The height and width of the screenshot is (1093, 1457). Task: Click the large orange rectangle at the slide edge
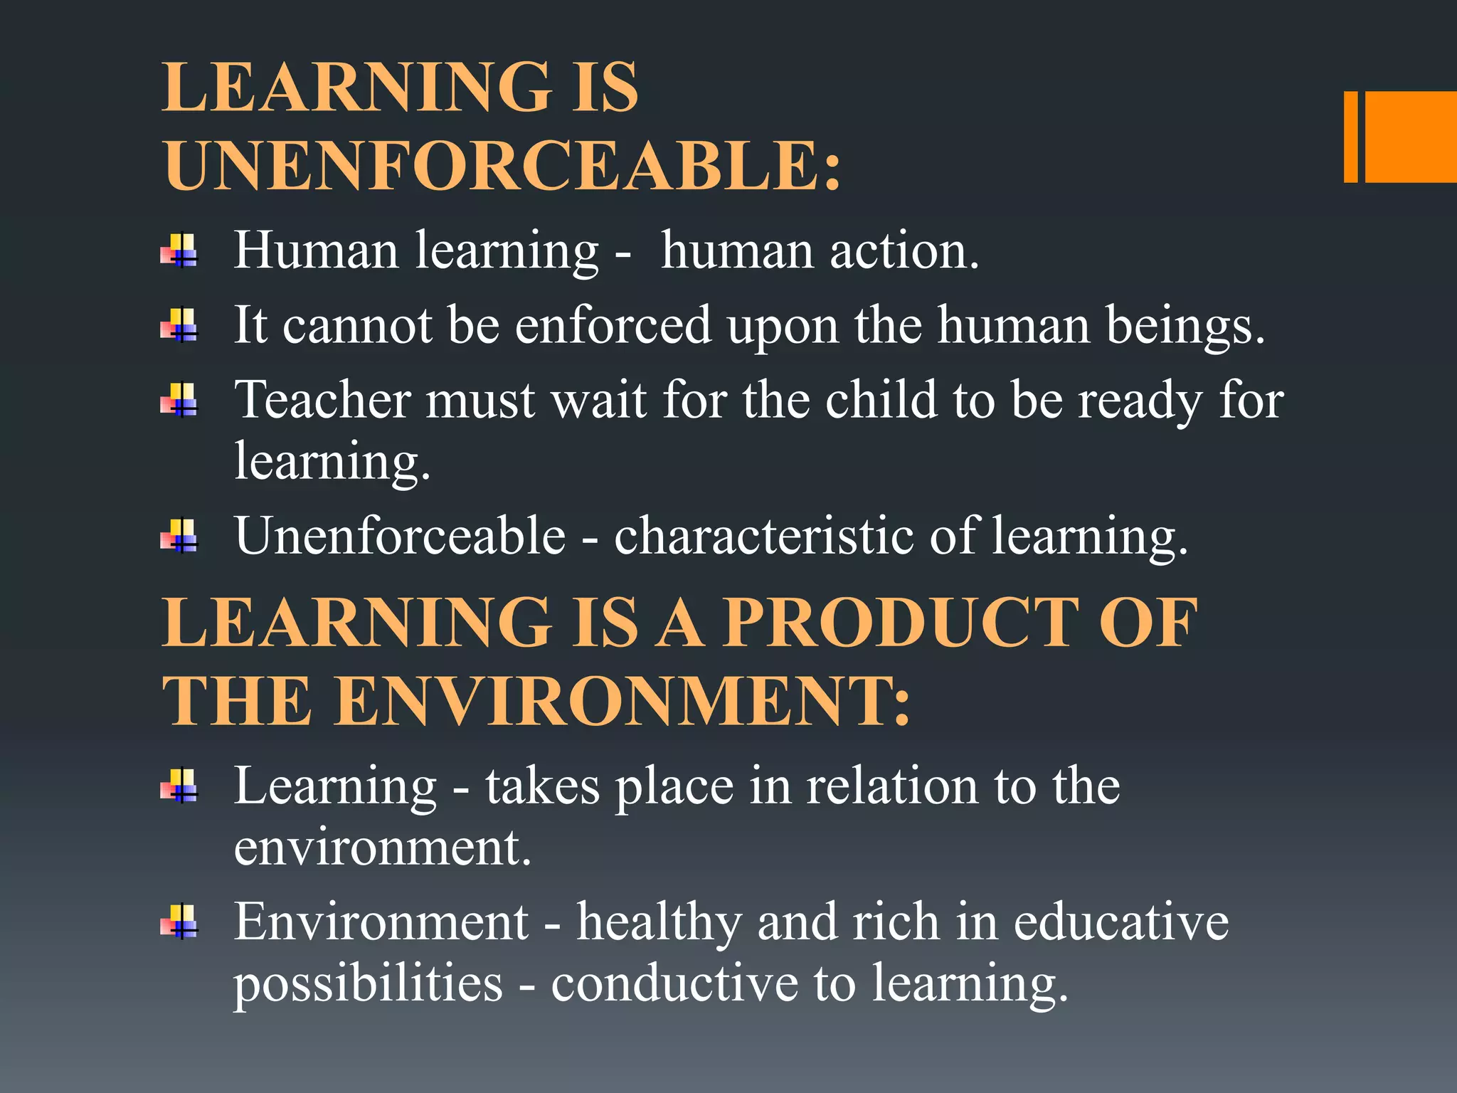[x=1411, y=137]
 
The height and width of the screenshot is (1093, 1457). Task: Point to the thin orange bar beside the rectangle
[x=1350, y=137]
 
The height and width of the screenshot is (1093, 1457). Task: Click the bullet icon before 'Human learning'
[x=179, y=251]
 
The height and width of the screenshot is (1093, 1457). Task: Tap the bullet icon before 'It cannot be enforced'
[x=179, y=326]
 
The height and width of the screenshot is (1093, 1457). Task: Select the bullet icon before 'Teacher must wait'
[x=179, y=400]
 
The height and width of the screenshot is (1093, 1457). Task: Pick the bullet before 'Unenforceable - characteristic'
[x=179, y=536]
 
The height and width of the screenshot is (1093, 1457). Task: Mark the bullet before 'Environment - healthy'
[x=179, y=922]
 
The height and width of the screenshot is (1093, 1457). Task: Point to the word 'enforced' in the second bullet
[x=613, y=325]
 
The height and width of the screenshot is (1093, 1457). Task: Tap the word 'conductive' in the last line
[x=674, y=983]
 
